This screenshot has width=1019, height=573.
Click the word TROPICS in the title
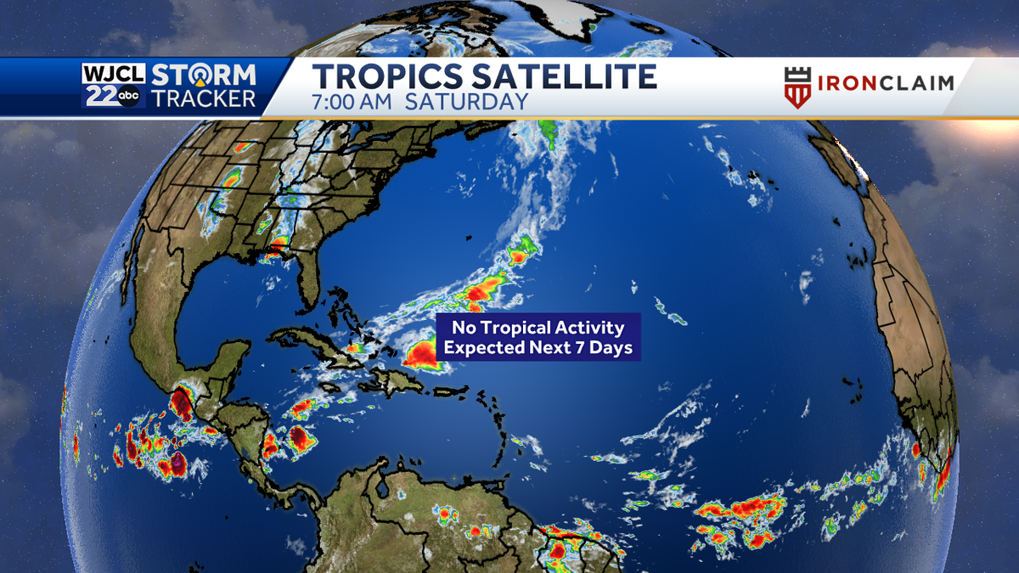coord(386,76)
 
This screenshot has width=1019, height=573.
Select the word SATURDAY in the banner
coord(466,102)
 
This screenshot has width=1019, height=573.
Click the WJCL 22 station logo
coord(113,85)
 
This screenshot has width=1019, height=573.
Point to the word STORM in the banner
coord(204,74)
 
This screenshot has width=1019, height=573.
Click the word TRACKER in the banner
coord(204,98)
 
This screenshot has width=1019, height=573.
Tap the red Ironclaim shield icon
coord(797,87)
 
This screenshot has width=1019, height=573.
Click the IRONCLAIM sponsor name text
coord(886,83)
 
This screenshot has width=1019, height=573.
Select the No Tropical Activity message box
coord(538,337)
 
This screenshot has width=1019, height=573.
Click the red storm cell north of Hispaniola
coord(420,356)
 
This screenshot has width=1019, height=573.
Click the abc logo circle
coord(128,98)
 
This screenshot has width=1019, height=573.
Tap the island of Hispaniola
coord(397,374)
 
